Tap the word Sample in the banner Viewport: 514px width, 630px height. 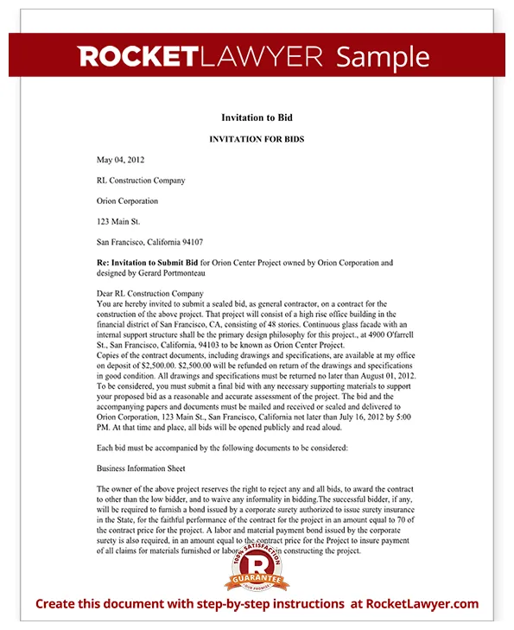coord(382,57)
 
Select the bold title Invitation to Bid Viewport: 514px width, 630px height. coord(257,118)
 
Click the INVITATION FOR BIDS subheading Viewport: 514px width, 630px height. coord(257,139)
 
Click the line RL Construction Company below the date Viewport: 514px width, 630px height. coord(141,181)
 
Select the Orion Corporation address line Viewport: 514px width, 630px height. coord(128,200)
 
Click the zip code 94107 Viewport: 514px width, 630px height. coord(189,242)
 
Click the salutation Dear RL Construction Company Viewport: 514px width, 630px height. coord(150,294)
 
